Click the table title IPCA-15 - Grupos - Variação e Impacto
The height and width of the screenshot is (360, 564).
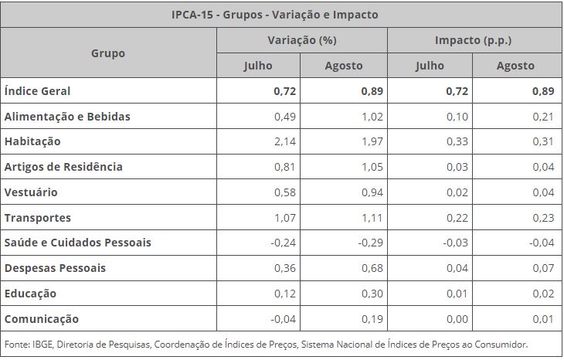[281, 15]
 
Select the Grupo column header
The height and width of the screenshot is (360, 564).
[108, 53]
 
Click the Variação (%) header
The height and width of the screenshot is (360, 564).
[301, 40]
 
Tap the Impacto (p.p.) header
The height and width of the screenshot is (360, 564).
[474, 40]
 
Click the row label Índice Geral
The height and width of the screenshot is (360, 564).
[37, 91]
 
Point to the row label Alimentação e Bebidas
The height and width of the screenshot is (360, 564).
[67, 117]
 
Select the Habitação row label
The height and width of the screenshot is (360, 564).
[32, 142]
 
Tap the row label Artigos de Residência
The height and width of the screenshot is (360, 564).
[63, 167]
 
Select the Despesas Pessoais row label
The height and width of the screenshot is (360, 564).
[55, 268]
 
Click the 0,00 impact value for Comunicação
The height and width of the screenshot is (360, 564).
[458, 319]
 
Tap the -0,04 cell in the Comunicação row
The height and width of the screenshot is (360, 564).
[284, 319]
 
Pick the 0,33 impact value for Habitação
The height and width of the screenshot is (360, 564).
[458, 142]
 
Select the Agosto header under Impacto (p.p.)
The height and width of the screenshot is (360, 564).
[515, 66]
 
